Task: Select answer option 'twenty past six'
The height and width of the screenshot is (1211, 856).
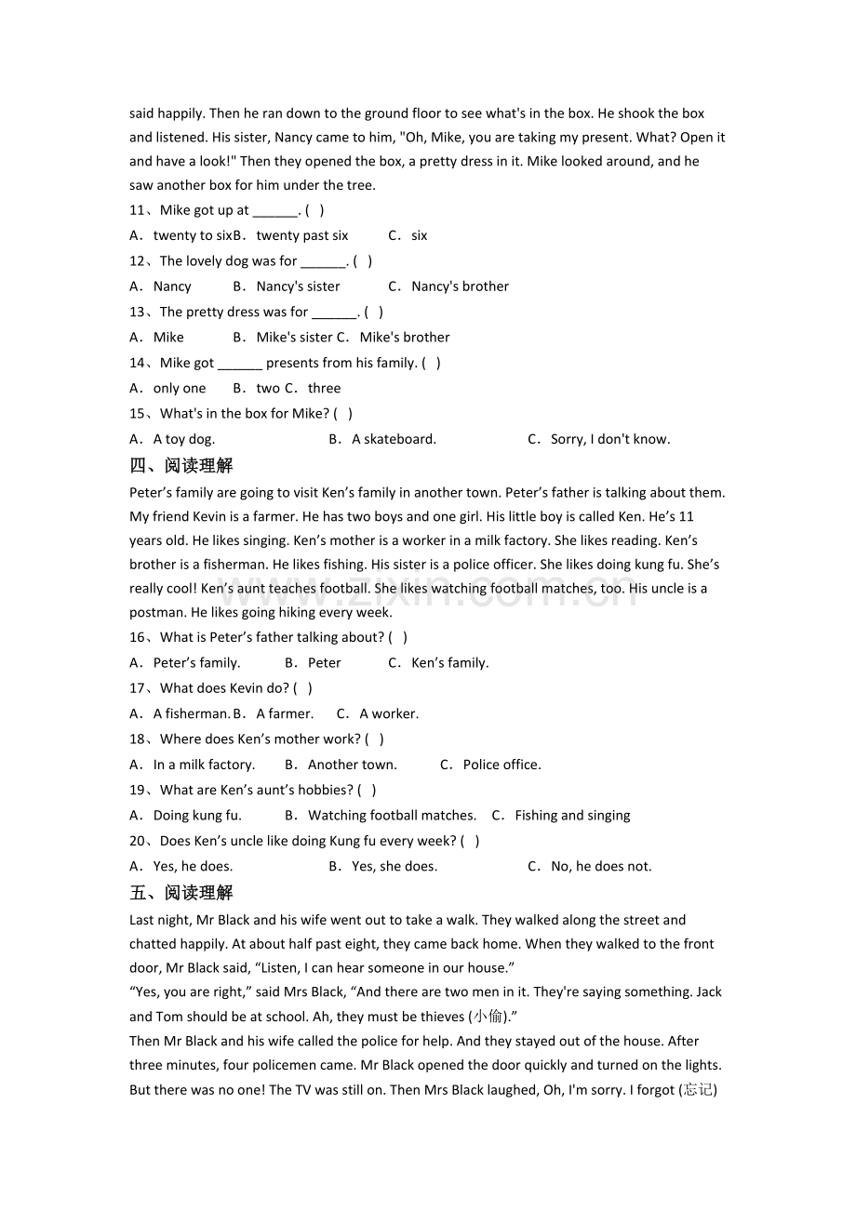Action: tap(301, 235)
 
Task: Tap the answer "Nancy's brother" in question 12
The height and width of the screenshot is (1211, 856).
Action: tap(460, 286)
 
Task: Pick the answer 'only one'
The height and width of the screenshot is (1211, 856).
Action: tap(179, 389)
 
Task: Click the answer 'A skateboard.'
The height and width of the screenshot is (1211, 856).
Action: tap(394, 439)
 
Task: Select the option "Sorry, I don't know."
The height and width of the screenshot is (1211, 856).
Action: tap(609, 439)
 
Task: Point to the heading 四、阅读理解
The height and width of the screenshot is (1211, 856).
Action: tap(181, 465)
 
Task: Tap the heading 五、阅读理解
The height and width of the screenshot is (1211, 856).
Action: tap(181, 893)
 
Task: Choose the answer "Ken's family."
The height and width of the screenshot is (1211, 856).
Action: tap(449, 663)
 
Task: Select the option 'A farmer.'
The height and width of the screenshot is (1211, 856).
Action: tap(285, 714)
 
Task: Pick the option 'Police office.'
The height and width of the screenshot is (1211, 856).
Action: tap(502, 765)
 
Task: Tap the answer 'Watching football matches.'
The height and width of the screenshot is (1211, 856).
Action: tap(392, 816)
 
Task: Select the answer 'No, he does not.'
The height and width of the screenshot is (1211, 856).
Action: tap(601, 867)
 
